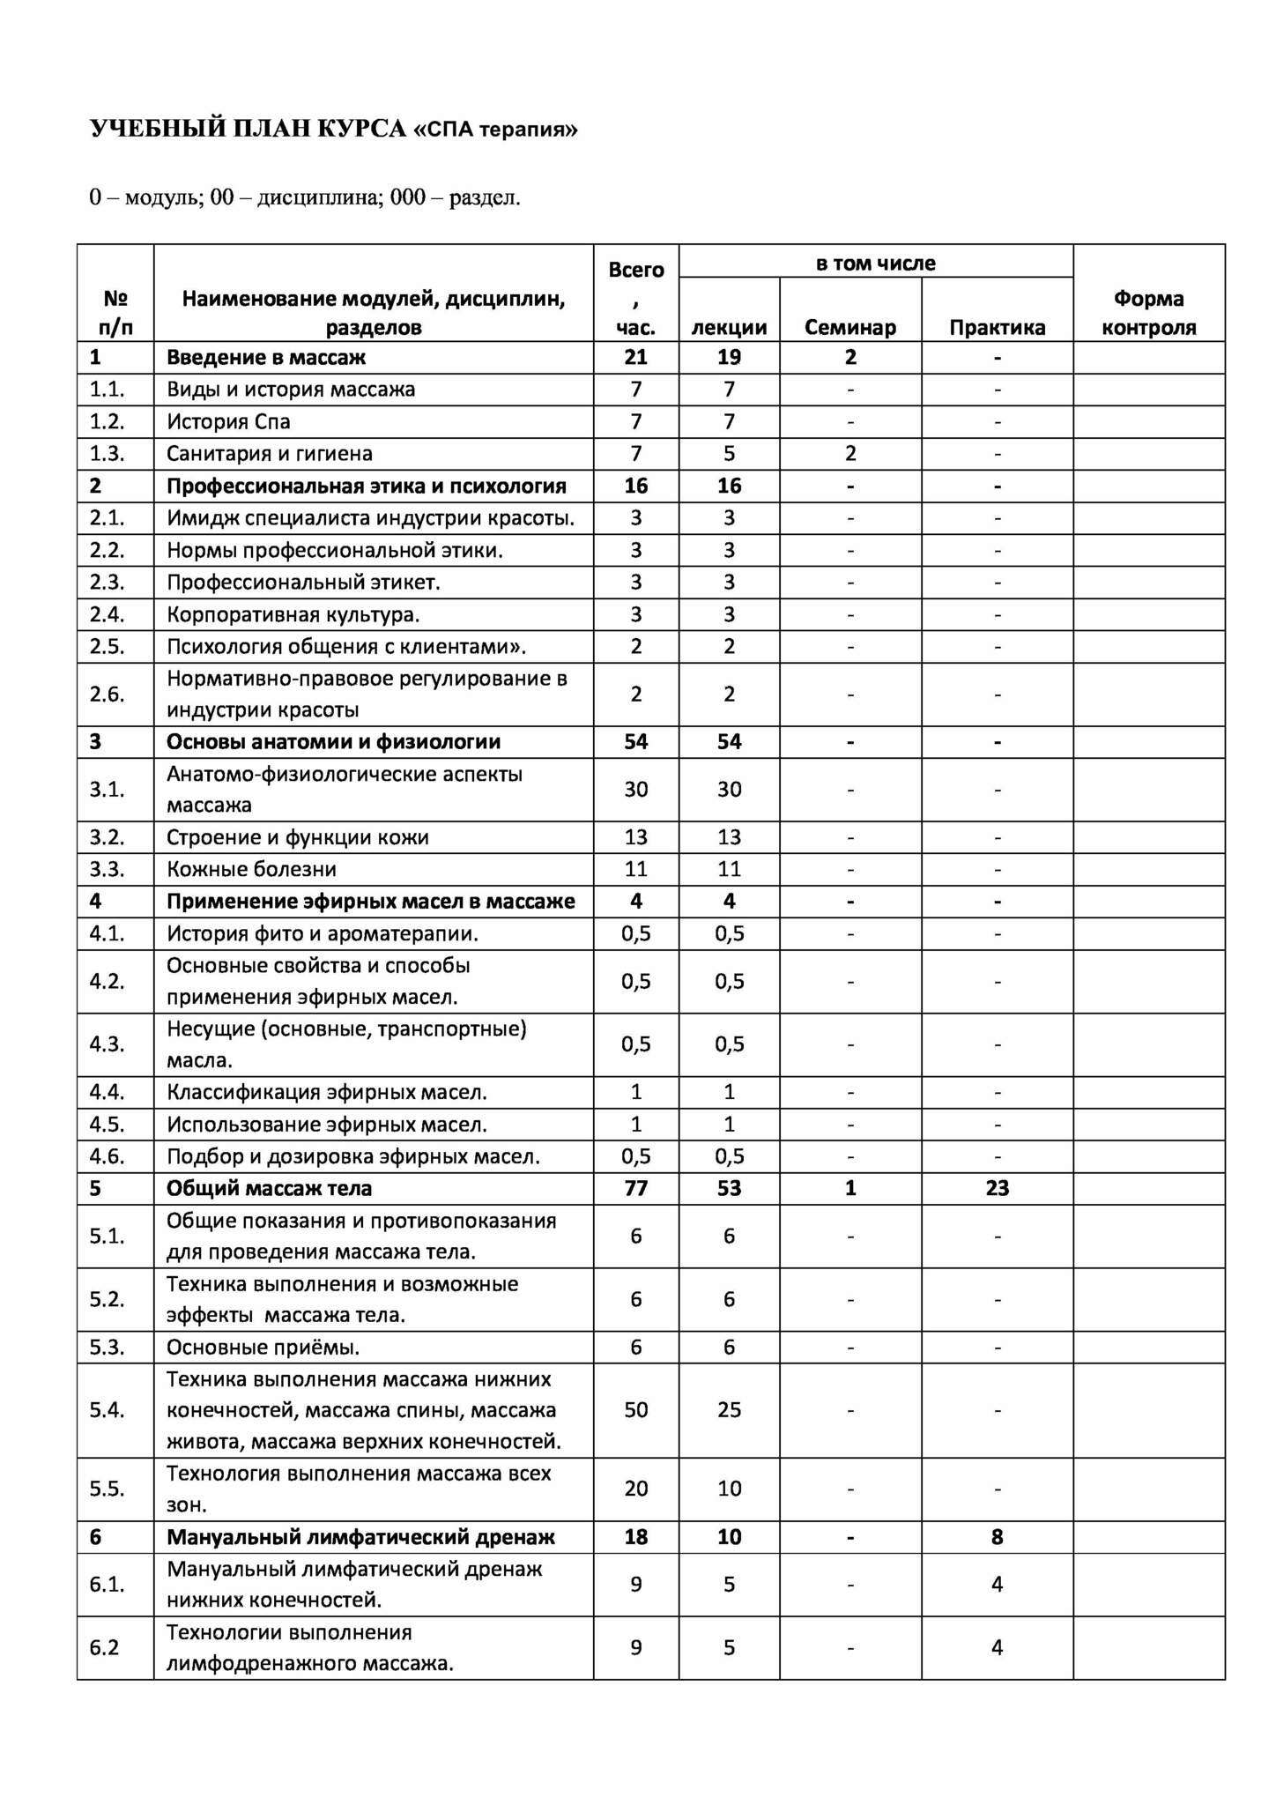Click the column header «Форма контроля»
point(1148,313)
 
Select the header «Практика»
point(997,327)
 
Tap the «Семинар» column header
point(849,327)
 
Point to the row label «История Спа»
point(228,421)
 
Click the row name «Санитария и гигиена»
point(270,453)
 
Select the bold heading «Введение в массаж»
point(266,357)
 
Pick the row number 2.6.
point(107,694)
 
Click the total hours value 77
point(635,1188)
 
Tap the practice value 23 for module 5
point(997,1188)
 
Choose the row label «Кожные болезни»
point(251,869)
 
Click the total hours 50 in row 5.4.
point(635,1409)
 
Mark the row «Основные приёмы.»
point(263,1347)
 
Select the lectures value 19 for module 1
point(729,357)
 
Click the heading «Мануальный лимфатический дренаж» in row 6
point(360,1537)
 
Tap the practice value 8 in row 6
point(997,1537)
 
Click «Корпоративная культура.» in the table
point(293,614)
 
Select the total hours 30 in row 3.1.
point(635,789)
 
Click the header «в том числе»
point(875,263)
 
